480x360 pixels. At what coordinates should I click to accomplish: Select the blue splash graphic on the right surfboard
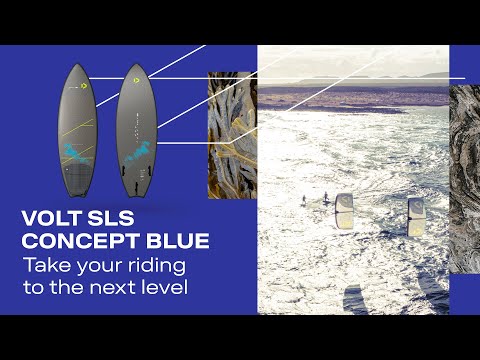point(139,152)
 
